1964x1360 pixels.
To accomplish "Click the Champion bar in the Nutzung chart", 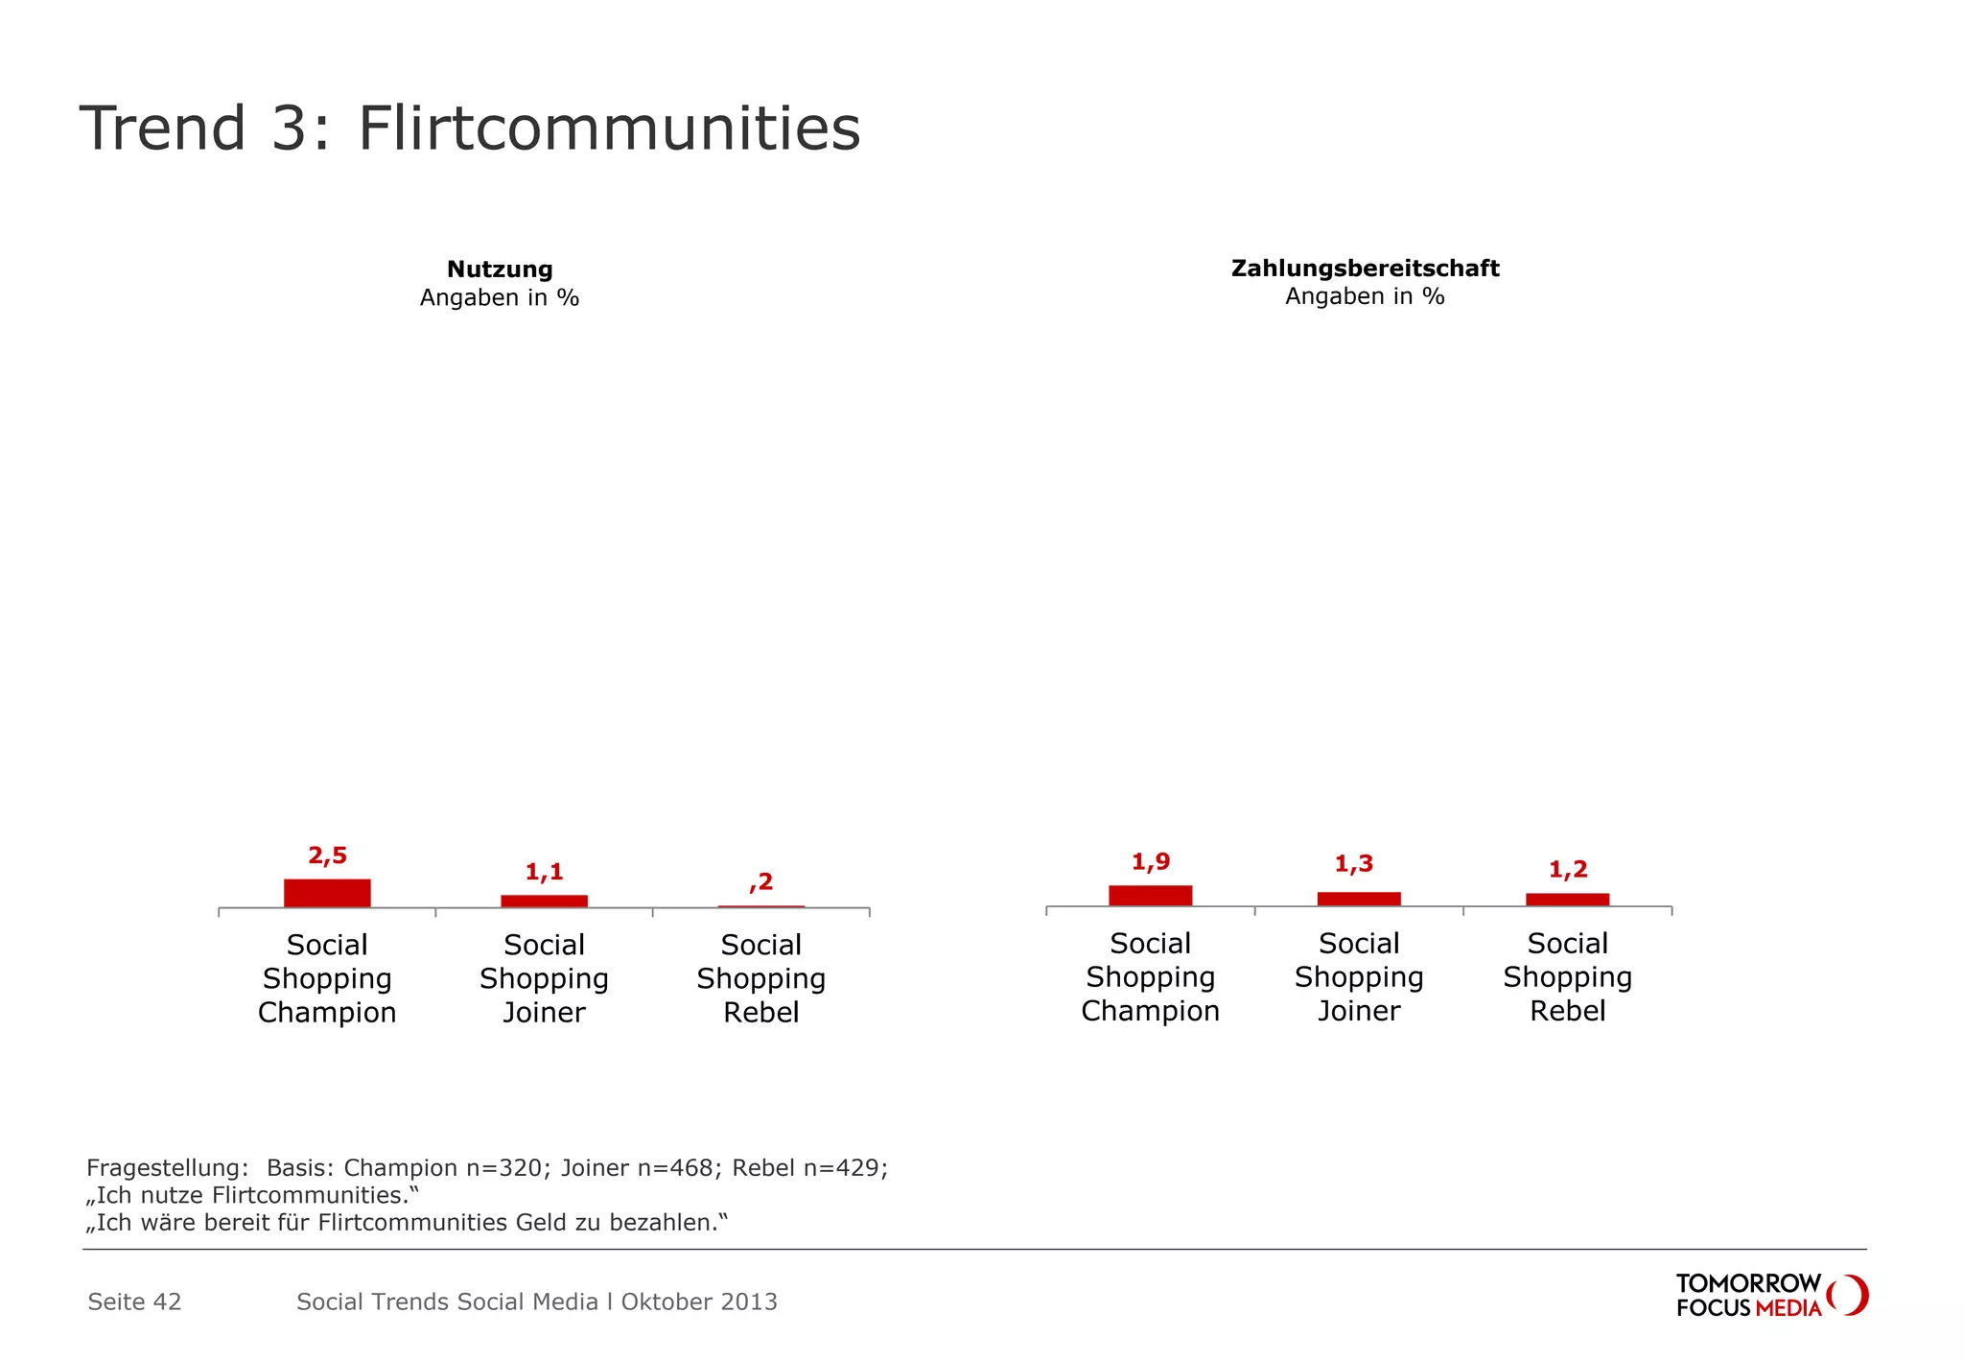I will [x=327, y=893].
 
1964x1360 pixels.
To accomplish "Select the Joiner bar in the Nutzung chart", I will [x=544, y=901].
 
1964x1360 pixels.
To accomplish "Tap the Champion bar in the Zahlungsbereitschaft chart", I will [x=1150, y=895].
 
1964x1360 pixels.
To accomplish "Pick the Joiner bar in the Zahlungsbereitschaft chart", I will [x=1358, y=899].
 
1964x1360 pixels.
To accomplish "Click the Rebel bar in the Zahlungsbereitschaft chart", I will [x=1567, y=899].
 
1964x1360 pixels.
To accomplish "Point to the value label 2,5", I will [x=327, y=856].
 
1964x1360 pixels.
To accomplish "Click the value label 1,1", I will [x=544, y=872].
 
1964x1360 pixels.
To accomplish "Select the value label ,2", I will [x=761, y=881].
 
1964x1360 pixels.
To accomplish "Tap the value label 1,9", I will [x=1150, y=861].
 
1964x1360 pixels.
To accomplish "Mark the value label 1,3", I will [x=1353, y=864].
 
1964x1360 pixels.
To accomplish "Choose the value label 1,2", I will [x=1568, y=870].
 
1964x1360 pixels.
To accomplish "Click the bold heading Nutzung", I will [x=500, y=270].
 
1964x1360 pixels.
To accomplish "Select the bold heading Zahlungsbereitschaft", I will [x=1365, y=269].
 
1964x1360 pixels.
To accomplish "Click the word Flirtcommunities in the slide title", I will [x=609, y=129].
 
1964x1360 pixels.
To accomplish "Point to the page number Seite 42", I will [x=134, y=1301].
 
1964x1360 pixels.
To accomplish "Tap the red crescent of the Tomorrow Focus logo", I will [x=1855, y=1295].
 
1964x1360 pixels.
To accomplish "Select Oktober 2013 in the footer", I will [x=699, y=1301].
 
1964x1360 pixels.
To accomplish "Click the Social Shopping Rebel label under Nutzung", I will [x=760, y=978].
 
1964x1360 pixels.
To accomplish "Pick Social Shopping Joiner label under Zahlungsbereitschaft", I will [x=1358, y=976].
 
